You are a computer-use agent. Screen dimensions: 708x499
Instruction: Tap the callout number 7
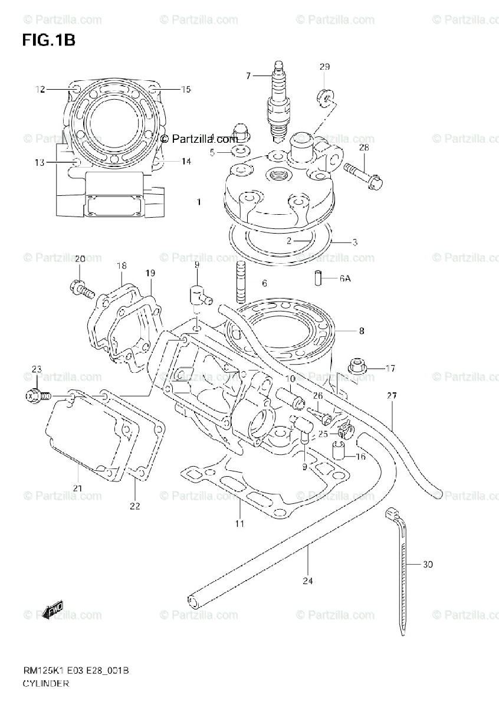tap(248, 76)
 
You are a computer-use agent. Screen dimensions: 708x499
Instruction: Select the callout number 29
tap(324, 67)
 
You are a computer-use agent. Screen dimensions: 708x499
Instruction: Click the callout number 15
tap(186, 90)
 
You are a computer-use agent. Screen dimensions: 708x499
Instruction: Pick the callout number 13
tap(39, 163)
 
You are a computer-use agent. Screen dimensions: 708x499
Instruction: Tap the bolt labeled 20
tap(81, 289)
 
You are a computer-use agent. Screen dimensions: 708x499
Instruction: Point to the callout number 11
tap(239, 523)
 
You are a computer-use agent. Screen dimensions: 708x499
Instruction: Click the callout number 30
tap(428, 565)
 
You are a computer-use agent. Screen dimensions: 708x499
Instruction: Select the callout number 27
tap(392, 396)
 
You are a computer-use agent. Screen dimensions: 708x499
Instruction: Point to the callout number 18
tap(121, 266)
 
